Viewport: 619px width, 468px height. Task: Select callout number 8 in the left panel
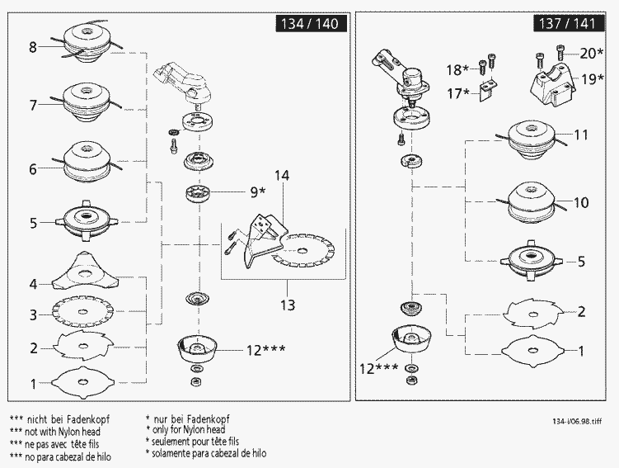(33, 48)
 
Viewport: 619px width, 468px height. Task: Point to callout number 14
(282, 177)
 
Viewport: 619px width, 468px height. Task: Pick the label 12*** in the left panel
(266, 350)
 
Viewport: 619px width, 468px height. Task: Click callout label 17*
(457, 94)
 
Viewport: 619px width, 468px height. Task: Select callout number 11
(581, 135)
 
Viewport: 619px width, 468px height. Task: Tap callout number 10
(581, 202)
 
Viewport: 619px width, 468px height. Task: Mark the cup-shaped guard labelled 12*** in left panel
(199, 348)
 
